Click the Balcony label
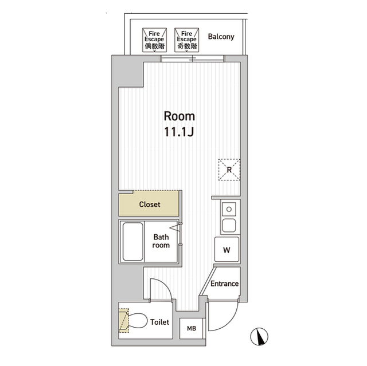(221, 37)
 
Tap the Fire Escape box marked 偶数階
(154, 40)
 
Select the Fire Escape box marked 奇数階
(186, 40)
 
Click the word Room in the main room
(179, 116)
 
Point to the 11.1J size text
(179, 132)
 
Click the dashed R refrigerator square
(229, 170)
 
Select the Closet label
(150, 204)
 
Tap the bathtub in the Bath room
(132, 242)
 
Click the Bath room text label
(161, 241)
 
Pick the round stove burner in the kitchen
(229, 209)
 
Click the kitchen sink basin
(229, 225)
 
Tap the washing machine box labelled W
(227, 249)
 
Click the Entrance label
(224, 284)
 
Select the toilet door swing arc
(165, 284)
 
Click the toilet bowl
(138, 321)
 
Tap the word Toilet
(159, 322)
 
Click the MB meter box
(192, 328)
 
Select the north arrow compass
(259, 337)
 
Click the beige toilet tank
(124, 320)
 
